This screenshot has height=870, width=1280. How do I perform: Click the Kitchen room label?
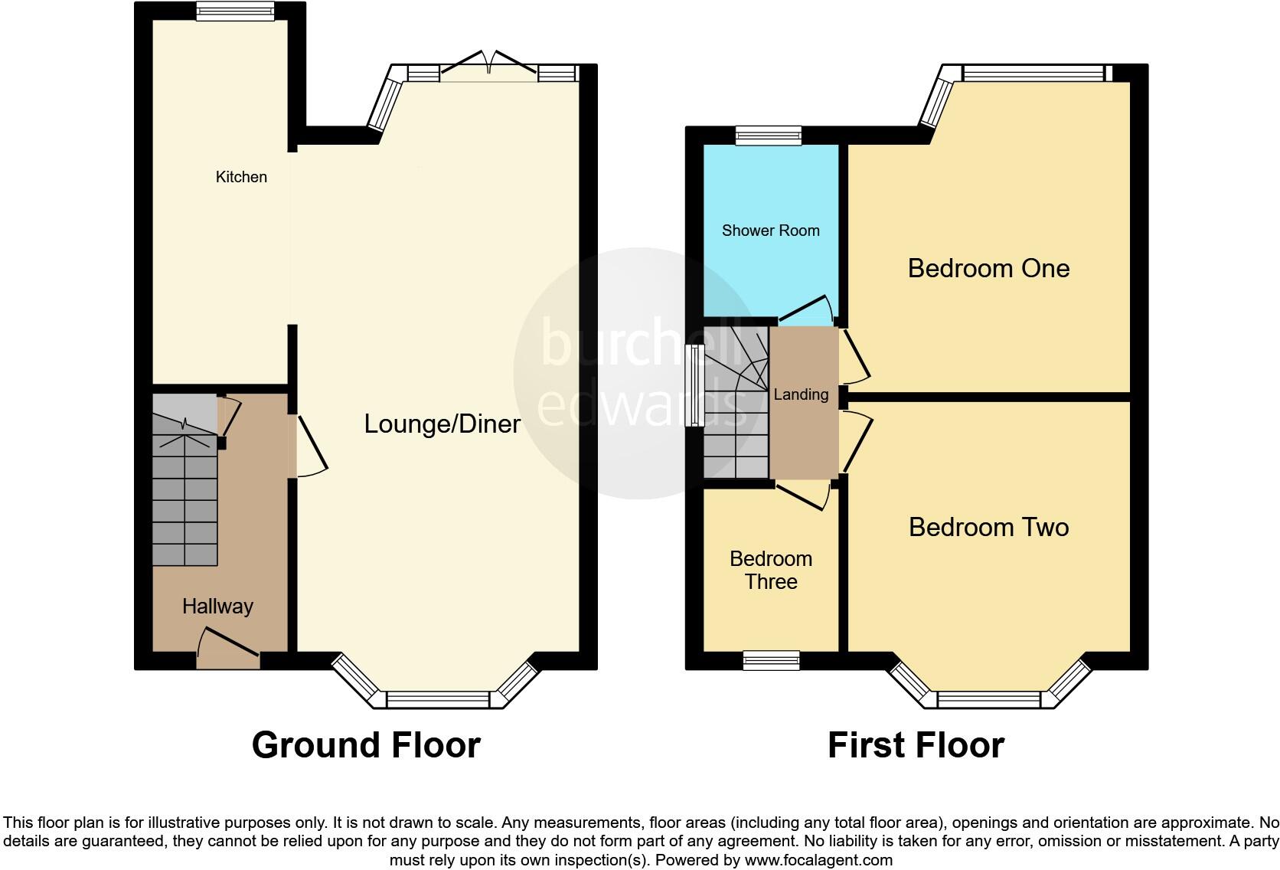coord(241,177)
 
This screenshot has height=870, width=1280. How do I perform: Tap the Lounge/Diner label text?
coord(442,424)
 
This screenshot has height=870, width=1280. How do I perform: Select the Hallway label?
coord(217,607)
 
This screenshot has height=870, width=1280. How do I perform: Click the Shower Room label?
coord(770,231)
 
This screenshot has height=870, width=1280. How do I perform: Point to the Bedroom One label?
coord(988,268)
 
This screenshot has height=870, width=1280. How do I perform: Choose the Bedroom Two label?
coord(988,527)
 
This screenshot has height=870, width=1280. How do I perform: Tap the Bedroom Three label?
coord(771,570)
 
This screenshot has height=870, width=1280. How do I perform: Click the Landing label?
coord(801,394)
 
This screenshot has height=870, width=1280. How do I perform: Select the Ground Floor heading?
coord(366,745)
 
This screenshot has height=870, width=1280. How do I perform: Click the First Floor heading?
coord(916,745)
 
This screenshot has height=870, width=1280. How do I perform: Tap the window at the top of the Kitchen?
coord(235,11)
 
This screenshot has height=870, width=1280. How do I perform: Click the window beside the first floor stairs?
coord(695,385)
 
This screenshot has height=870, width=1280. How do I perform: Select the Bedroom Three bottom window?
coord(772,661)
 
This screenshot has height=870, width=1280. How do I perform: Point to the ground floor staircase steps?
coord(184,498)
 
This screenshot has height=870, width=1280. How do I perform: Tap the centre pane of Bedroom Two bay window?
coord(988,699)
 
